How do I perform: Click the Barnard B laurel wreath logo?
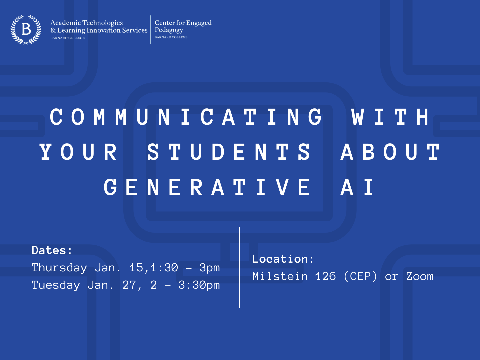26,30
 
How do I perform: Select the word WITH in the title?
391,117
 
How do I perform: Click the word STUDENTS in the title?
229,152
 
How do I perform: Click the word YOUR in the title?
78,152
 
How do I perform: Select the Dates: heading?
52,250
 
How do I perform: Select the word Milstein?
280,276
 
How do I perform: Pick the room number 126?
325,276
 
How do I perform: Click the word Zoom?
420,276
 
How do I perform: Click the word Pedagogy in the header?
169,30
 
